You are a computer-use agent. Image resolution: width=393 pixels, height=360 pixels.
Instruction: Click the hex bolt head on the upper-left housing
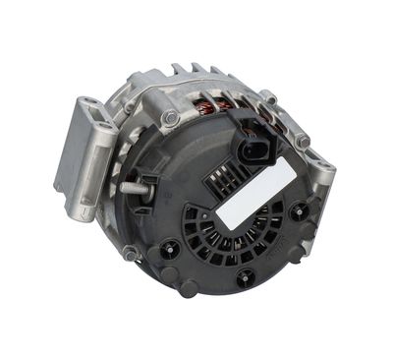pyautogui.click(x=171, y=118)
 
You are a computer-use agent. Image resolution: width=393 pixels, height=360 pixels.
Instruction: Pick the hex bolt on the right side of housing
pyautogui.click(x=303, y=141)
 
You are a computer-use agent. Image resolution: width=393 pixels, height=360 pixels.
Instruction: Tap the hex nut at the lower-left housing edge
pyautogui.click(x=131, y=253)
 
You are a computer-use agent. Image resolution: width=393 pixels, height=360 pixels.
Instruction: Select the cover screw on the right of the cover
pyautogui.click(x=294, y=210)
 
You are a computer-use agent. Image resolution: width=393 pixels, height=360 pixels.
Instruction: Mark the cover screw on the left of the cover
pyautogui.click(x=172, y=247)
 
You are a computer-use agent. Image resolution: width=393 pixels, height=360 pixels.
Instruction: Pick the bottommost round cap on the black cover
pyautogui.click(x=186, y=287)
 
